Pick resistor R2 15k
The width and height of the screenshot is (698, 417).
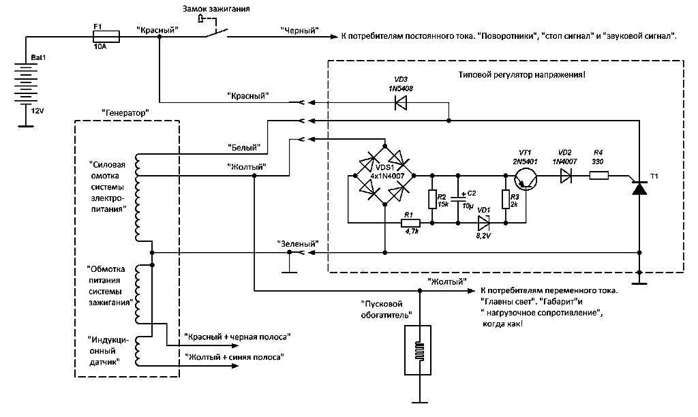point(431,199)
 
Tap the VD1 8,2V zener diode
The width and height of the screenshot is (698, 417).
point(484,222)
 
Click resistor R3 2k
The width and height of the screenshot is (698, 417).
point(505,199)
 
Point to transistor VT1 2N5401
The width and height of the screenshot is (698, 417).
point(524,177)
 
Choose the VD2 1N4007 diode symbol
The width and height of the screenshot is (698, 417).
point(564,176)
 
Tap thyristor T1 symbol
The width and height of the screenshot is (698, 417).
point(639,188)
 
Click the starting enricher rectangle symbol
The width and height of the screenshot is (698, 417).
point(419,349)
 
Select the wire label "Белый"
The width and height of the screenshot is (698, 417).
point(241,146)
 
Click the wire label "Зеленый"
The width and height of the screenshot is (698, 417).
point(297,243)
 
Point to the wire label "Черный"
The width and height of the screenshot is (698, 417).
point(300,31)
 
